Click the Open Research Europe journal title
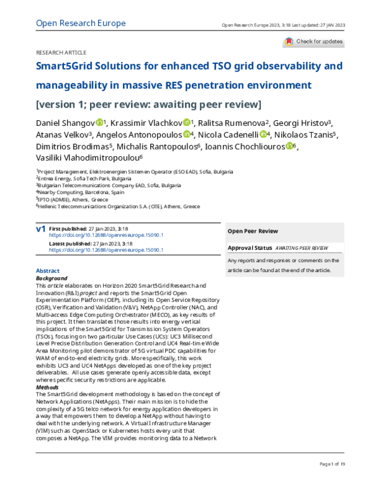tap(81, 23)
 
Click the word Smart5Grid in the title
tap(68, 66)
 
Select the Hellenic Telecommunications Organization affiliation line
tap(118, 206)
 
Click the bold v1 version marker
tap(41, 228)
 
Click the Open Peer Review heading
tap(252, 231)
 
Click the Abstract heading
tap(48, 271)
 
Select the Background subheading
tap(52, 278)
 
